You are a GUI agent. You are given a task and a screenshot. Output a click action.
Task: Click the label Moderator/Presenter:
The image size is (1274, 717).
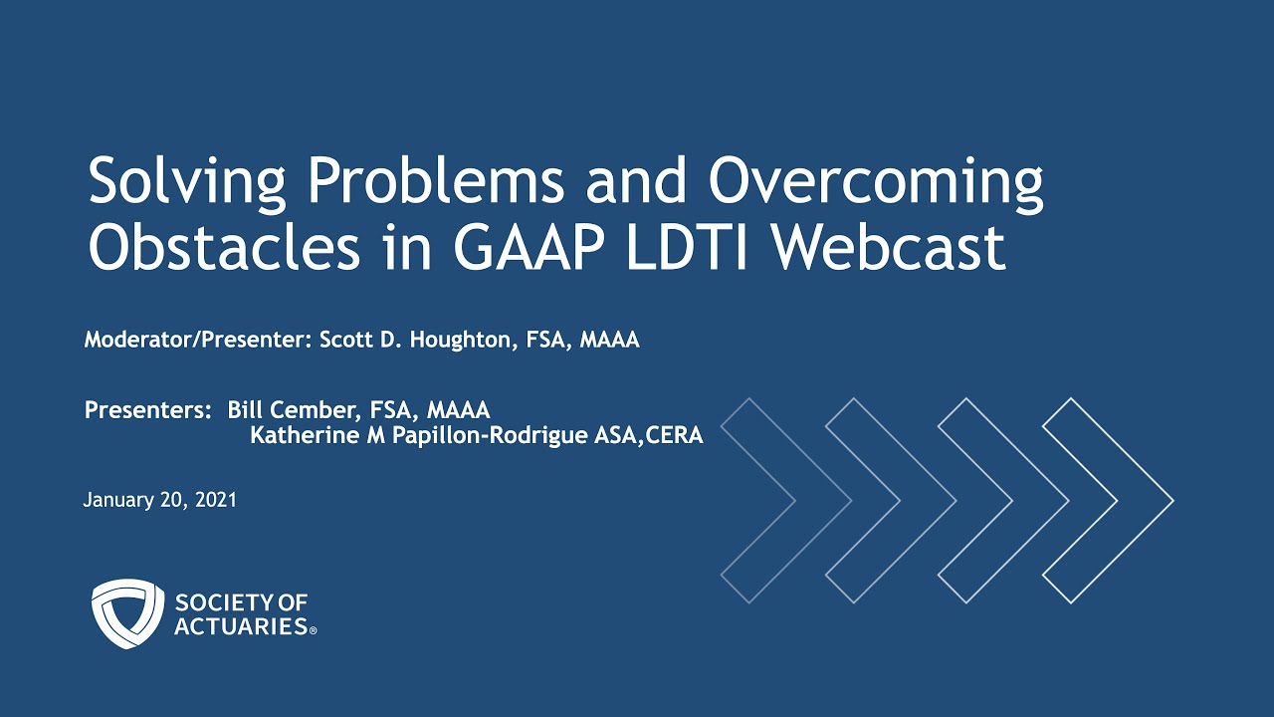pos(198,341)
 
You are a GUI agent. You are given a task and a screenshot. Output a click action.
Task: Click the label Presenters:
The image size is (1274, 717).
pos(148,410)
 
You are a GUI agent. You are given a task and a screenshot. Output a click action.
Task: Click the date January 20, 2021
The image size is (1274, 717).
pos(160,500)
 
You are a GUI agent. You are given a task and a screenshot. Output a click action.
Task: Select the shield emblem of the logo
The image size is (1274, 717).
pos(127,613)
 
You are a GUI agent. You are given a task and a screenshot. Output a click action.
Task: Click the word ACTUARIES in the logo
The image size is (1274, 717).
pos(240,626)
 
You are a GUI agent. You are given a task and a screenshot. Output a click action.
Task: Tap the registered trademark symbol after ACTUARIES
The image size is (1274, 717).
pos(314,631)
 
